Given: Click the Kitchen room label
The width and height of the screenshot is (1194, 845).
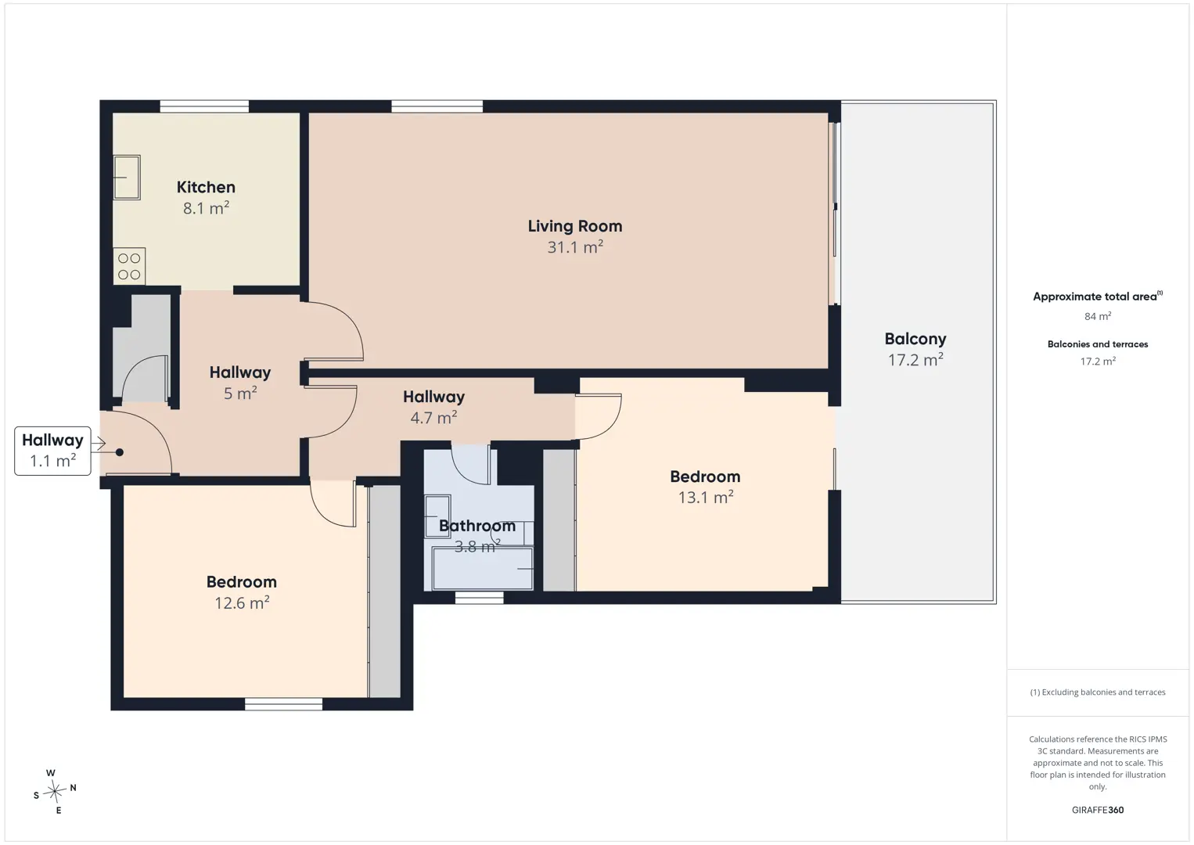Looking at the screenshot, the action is (206, 187).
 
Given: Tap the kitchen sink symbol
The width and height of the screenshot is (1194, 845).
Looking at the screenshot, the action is (127, 178).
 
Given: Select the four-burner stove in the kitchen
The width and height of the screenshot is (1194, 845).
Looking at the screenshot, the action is (129, 266).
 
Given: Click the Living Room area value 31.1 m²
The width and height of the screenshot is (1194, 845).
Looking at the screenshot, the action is (575, 246).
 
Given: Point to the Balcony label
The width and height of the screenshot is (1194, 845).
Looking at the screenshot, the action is (915, 339).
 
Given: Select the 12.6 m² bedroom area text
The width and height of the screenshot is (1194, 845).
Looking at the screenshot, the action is (242, 603).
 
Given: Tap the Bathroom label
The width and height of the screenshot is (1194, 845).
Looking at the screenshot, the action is (477, 526).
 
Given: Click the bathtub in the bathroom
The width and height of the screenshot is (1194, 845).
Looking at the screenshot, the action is (483, 569).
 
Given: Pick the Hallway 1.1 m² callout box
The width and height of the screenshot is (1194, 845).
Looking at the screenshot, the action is (52, 451).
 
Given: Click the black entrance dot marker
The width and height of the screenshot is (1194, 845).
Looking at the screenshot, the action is (120, 452).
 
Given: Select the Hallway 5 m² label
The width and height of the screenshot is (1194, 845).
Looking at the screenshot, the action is (240, 383).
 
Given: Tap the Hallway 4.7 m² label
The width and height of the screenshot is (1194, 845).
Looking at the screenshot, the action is (434, 407).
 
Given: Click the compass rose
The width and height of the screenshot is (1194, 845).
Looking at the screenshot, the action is (54, 791).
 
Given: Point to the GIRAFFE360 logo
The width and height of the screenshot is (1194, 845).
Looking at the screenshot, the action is (1098, 810).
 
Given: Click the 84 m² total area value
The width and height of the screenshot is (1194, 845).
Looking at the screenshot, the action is (1098, 316).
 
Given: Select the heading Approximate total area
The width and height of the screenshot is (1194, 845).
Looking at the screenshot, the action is (1098, 297).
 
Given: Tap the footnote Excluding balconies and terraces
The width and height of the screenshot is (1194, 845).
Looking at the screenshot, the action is (1098, 692).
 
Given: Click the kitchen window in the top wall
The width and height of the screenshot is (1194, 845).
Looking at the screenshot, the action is (204, 106).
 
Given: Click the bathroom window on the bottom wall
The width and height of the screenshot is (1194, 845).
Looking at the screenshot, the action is (479, 598).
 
